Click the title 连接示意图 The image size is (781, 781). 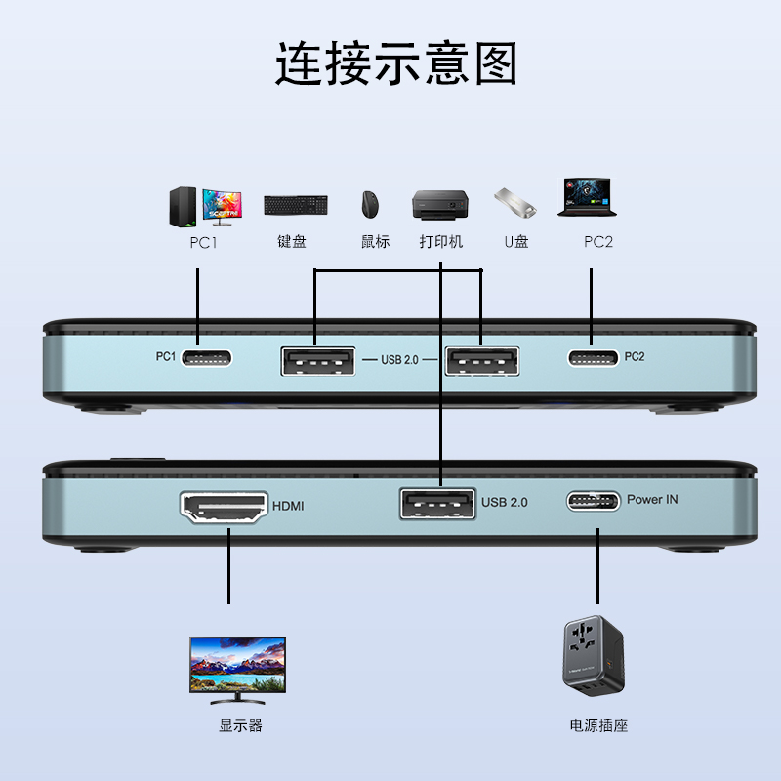click(x=395, y=64)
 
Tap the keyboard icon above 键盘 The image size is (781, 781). click(x=295, y=205)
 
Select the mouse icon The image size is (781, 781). click(x=371, y=205)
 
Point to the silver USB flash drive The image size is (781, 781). click(x=515, y=202)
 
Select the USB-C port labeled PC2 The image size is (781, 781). click(x=593, y=358)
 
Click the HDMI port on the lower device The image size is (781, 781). click(x=225, y=508)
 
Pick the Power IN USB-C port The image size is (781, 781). click(x=593, y=502)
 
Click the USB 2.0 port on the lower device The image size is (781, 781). click(x=437, y=505)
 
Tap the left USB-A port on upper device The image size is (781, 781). click(x=317, y=360)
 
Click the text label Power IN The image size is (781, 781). click(x=652, y=500)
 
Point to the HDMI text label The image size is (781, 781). click(x=288, y=506)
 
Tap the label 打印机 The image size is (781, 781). click(x=441, y=241)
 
